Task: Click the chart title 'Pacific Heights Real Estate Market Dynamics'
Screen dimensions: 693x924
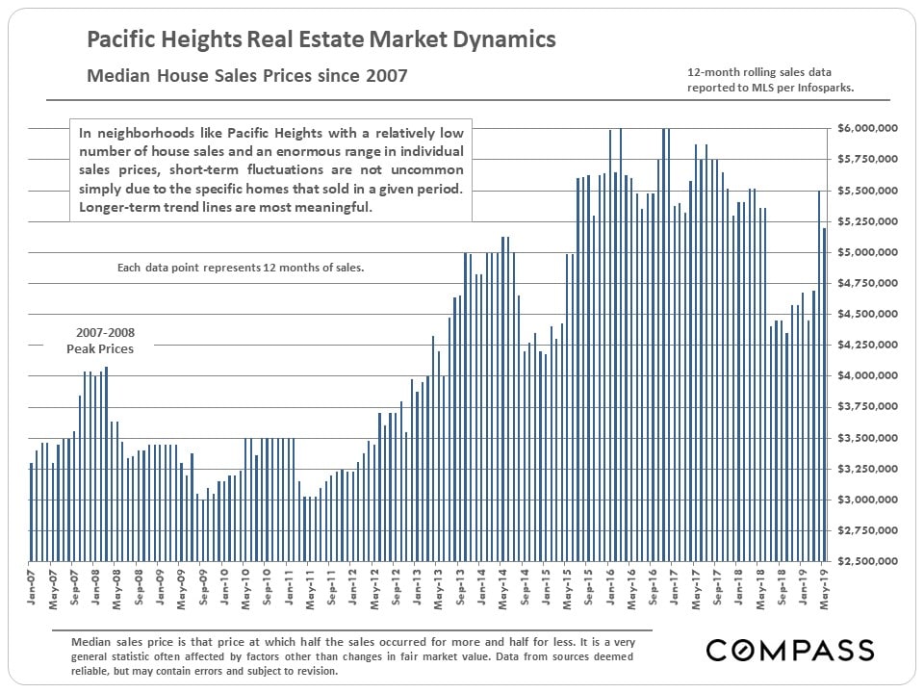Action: pos(321,40)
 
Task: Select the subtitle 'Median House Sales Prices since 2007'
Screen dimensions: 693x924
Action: pos(246,75)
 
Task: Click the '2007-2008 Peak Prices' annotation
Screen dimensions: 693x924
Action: pos(99,341)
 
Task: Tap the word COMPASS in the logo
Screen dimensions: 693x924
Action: pos(789,650)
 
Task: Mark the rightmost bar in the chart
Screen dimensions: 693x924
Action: pos(825,395)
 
